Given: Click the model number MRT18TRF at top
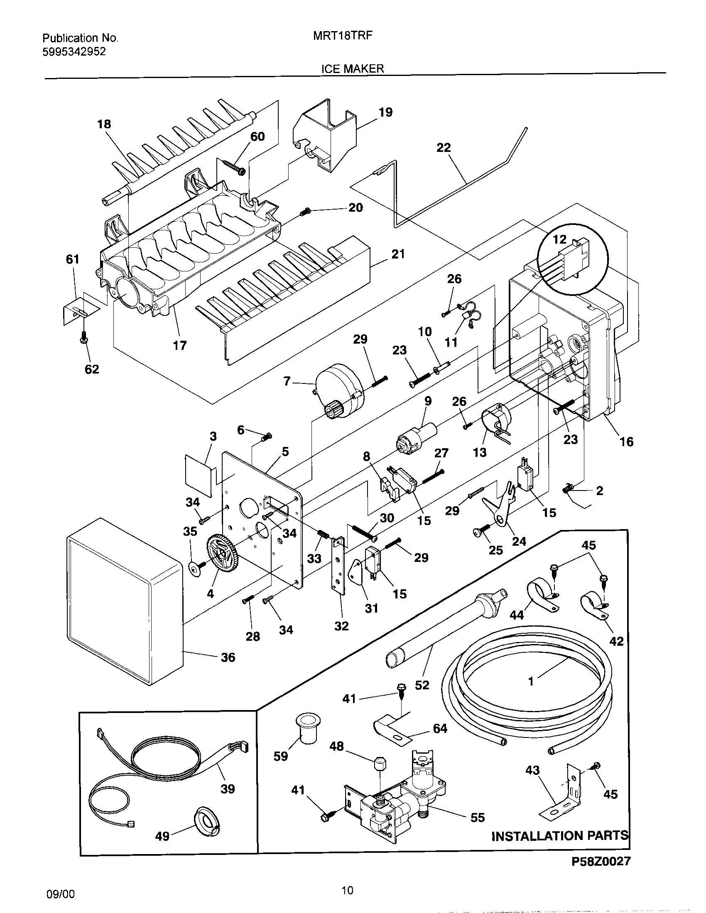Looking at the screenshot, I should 343,37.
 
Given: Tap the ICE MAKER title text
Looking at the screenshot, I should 352,69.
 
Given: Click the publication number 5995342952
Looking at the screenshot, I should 74,52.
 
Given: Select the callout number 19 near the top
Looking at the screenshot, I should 386,112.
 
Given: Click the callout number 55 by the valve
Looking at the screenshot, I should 477,817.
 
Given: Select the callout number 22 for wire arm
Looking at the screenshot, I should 444,148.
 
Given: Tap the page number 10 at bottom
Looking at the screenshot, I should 347,890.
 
